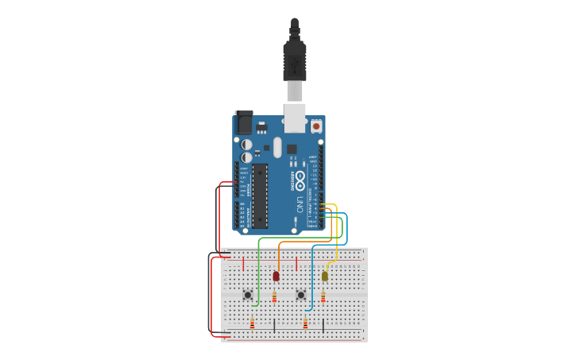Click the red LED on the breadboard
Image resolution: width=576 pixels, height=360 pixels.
pyautogui.click(x=276, y=276)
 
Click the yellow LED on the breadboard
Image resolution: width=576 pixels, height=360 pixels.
pyautogui.click(x=325, y=276)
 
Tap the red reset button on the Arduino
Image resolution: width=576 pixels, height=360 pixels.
pyautogui.click(x=316, y=126)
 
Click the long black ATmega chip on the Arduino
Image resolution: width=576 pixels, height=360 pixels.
pyautogui.click(x=261, y=195)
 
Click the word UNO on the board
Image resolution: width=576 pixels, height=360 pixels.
pyautogui.click(x=300, y=203)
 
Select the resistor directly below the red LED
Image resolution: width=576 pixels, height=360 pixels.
pyautogui.click(x=275, y=297)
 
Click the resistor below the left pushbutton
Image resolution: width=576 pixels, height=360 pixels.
pyautogui.click(x=253, y=323)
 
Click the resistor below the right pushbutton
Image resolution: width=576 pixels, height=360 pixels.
pyautogui.click(x=305, y=323)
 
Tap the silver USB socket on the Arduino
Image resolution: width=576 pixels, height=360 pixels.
pyautogui.click(x=295, y=117)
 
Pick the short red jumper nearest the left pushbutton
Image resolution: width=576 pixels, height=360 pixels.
pyautogui.click(x=243, y=264)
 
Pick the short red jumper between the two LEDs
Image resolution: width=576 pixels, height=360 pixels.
pyautogui.click(x=296, y=264)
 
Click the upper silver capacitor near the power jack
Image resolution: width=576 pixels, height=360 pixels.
pyautogui.click(x=247, y=145)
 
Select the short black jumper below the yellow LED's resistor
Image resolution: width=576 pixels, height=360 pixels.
pyautogui.click(x=323, y=324)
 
